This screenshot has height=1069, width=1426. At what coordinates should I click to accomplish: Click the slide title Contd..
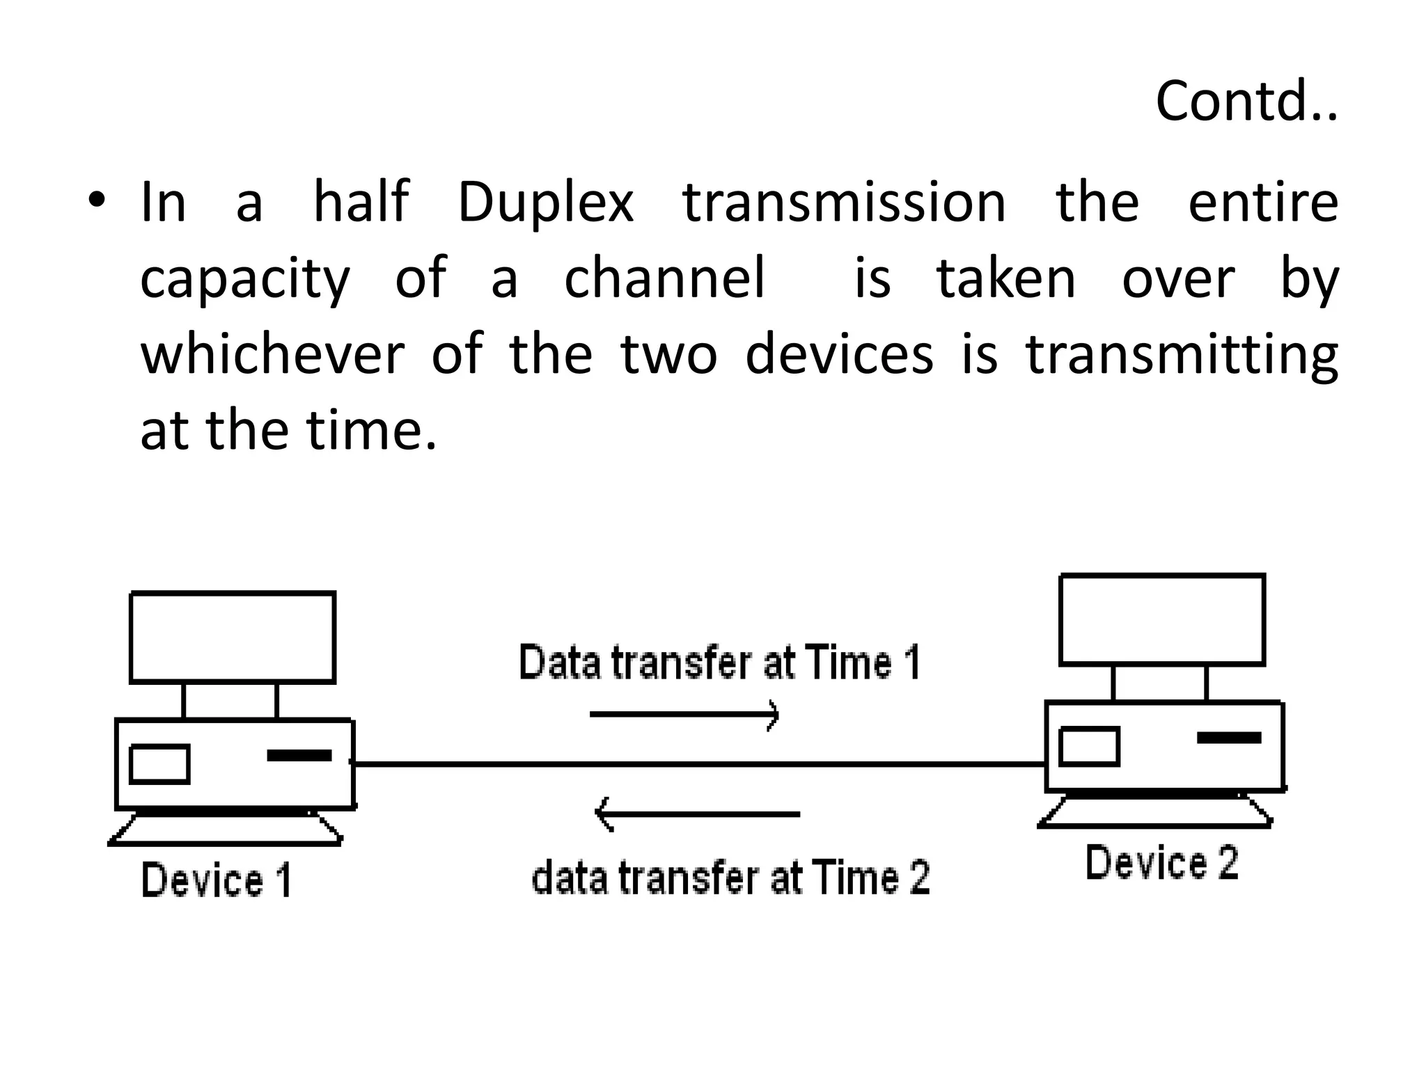[x=1245, y=102]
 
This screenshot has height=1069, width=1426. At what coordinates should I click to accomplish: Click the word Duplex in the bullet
[x=545, y=203]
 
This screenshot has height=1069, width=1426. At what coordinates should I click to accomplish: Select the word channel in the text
[x=664, y=278]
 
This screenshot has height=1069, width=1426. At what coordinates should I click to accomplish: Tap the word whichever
[x=272, y=354]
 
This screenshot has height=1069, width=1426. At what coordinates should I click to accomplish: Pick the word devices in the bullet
[x=839, y=354]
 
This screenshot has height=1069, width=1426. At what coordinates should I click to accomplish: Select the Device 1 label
[x=217, y=880]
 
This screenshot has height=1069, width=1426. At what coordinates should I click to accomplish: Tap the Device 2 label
[x=1162, y=863]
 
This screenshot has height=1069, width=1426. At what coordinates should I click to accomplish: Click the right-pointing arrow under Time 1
[x=684, y=715]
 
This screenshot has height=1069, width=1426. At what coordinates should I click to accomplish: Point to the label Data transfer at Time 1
[x=720, y=662]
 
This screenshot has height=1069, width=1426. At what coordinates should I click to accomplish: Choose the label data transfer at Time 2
[x=730, y=877]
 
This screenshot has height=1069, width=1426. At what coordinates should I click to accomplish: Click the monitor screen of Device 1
[x=233, y=638]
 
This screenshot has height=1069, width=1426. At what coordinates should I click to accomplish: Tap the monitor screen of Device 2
[x=1161, y=619]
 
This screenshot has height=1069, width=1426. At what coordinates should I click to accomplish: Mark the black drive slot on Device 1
[x=299, y=755]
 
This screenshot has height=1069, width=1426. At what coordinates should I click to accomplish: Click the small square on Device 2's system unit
[x=1089, y=747]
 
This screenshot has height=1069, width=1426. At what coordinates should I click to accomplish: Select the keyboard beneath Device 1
[x=226, y=830]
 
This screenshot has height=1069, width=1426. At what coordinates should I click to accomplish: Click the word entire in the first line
[x=1262, y=203]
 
